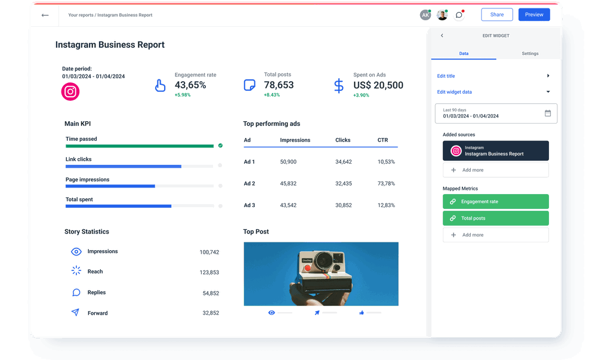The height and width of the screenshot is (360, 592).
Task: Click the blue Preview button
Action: tap(534, 15)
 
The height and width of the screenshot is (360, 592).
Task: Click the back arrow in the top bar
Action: tap(45, 15)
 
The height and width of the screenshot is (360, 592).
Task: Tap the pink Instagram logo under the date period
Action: tap(70, 92)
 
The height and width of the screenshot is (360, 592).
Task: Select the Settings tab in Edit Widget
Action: tap(530, 54)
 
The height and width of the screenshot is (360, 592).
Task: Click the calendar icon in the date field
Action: tap(548, 113)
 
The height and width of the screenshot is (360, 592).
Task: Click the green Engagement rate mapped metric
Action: tap(495, 202)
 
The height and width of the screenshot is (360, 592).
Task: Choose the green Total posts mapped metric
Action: tap(495, 219)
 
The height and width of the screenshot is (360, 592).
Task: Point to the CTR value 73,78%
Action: tap(386, 183)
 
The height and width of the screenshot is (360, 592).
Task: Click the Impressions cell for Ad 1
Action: tap(288, 162)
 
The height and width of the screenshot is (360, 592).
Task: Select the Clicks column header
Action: tap(343, 140)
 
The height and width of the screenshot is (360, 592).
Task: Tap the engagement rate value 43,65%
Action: tap(190, 85)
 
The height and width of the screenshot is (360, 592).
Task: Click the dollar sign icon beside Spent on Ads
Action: tap(339, 86)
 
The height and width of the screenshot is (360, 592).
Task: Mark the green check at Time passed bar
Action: tap(220, 145)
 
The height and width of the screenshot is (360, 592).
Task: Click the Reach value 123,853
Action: tap(209, 272)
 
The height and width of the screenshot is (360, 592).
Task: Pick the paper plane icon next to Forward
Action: tap(76, 312)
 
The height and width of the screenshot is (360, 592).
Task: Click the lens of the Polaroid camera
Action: tap(324, 261)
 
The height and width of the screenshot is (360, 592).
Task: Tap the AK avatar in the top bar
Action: tap(425, 15)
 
